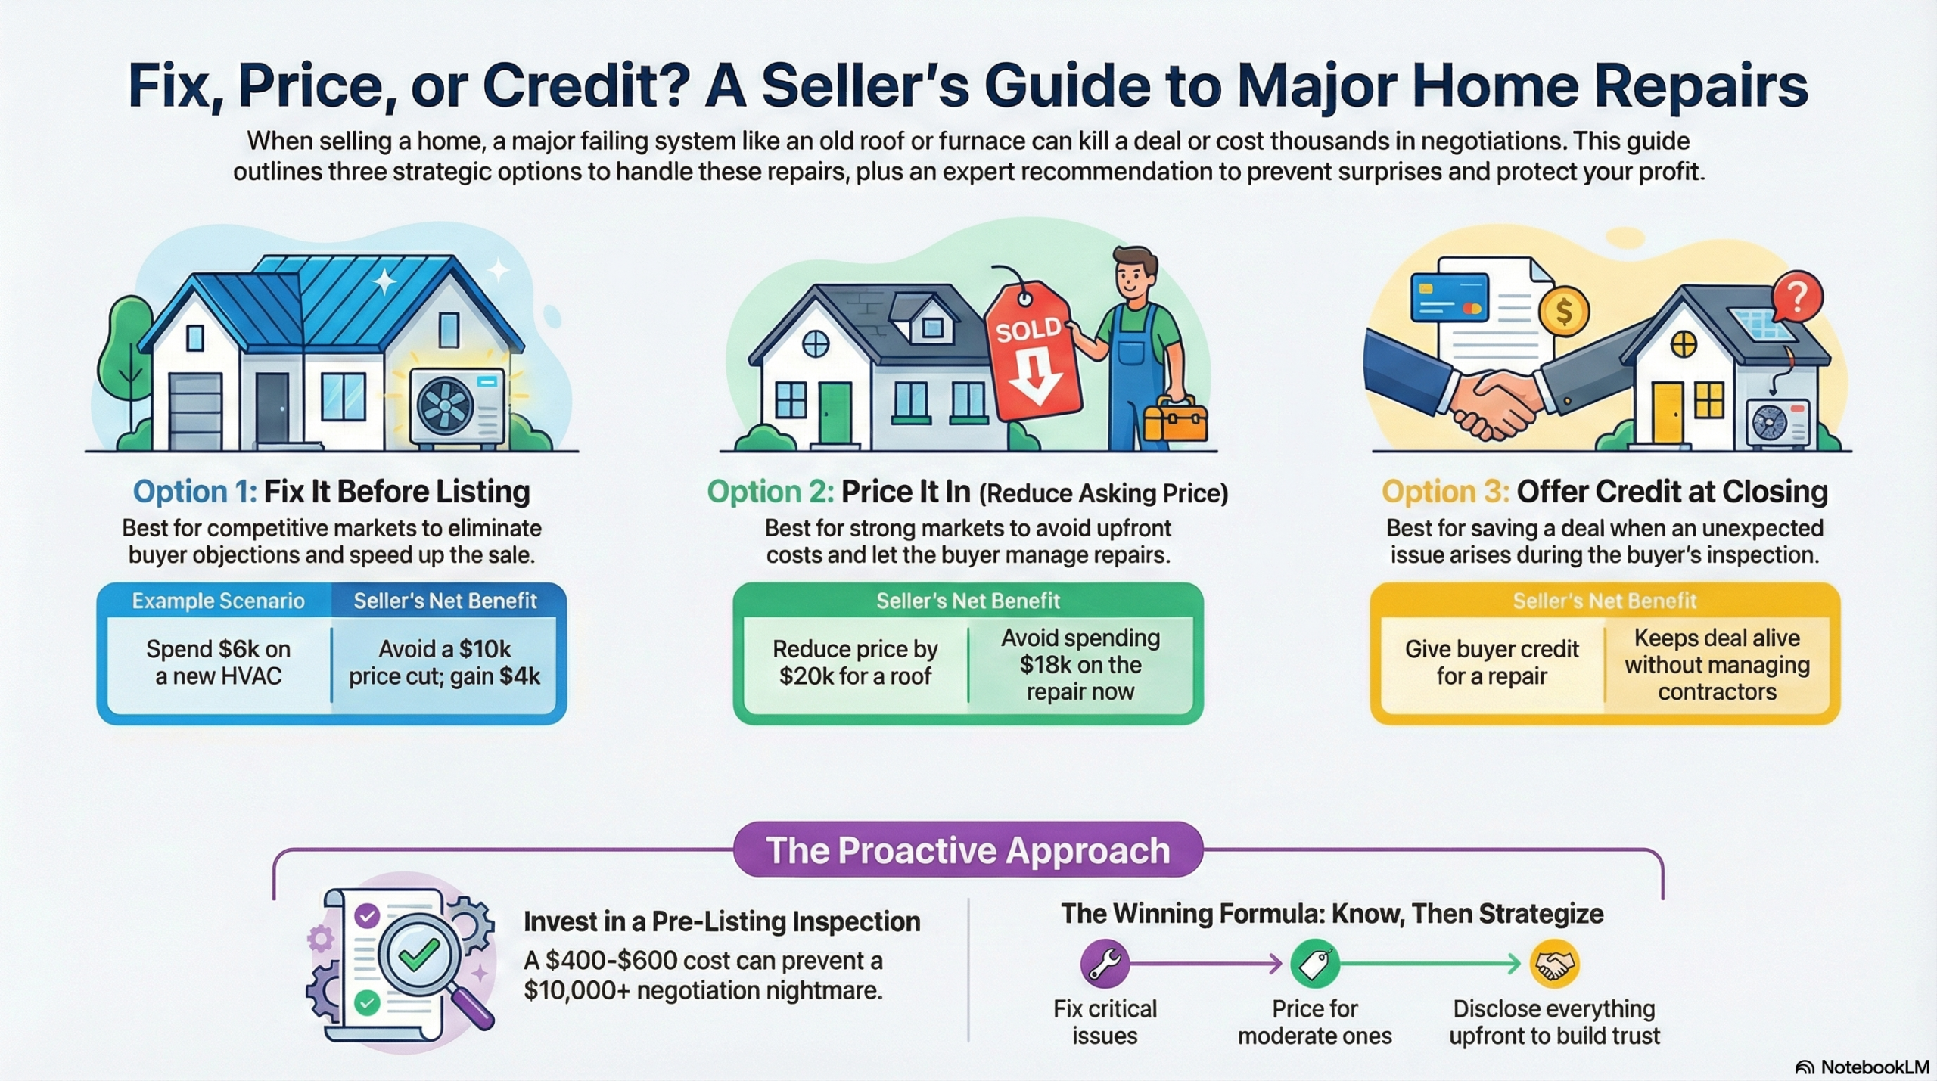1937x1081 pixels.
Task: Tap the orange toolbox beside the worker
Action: click(x=1175, y=421)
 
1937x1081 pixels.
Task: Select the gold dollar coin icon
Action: click(x=1564, y=312)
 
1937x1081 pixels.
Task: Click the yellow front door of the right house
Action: click(x=1668, y=413)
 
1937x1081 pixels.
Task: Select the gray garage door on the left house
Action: click(x=195, y=412)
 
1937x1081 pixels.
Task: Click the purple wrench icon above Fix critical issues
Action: click(x=1105, y=964)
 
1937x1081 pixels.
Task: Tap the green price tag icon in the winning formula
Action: click(x=1315, y=964)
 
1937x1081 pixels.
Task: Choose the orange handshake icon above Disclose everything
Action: click(x=1554, y=964)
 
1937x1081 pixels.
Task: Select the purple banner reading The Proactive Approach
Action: click(x=968, y=850)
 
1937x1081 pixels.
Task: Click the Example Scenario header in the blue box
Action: click(x=218, y=601)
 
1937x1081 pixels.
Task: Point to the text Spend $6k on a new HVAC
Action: click(x=218, y=662)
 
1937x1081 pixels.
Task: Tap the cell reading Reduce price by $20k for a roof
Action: click(x=855, y=662)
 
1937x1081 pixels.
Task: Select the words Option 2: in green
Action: click(x=770, y=492)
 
